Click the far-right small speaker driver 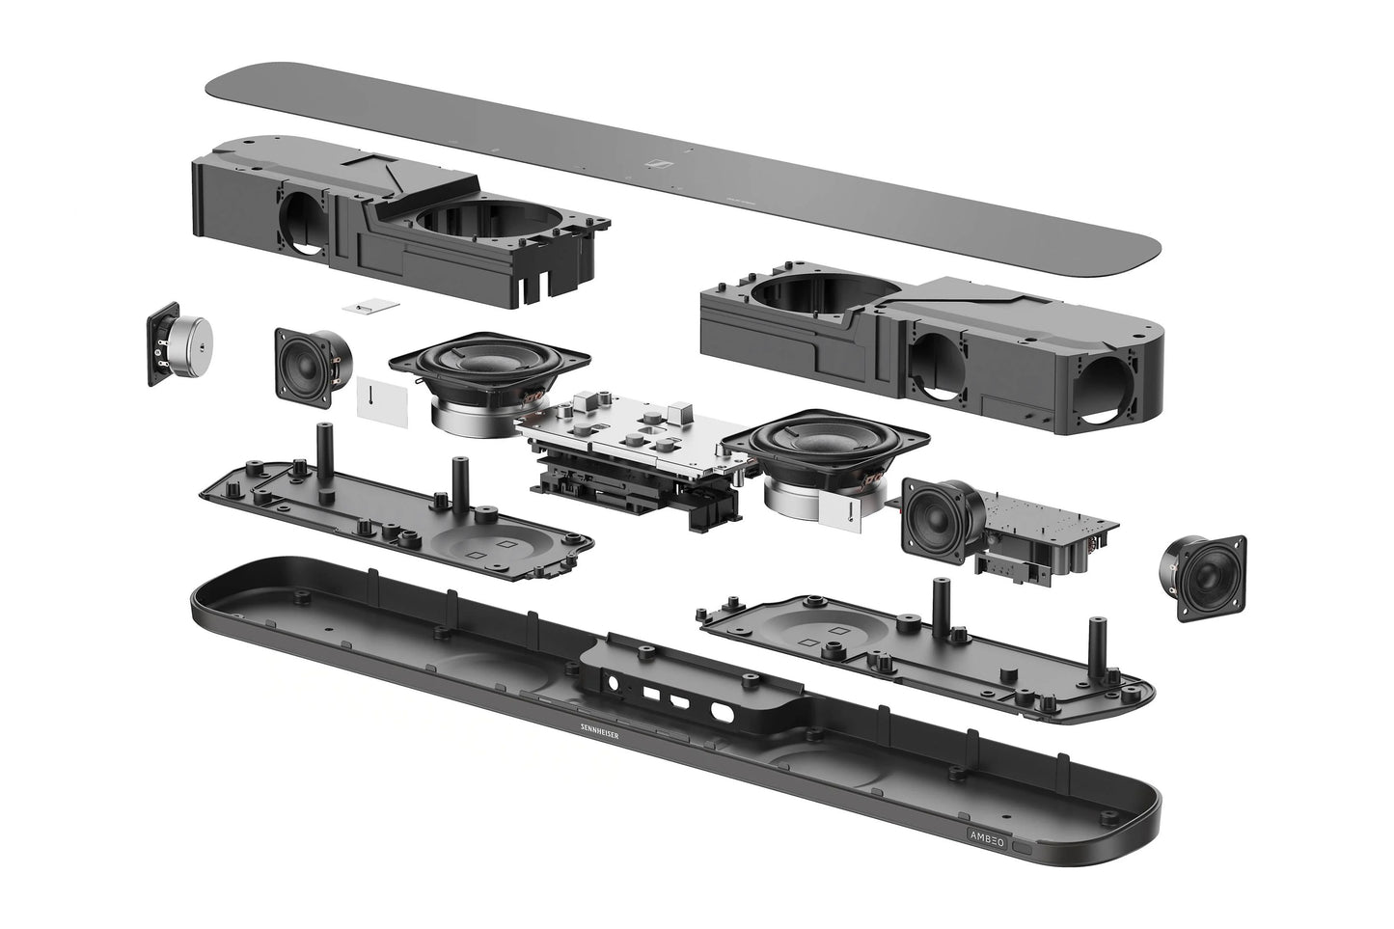(1203, 578)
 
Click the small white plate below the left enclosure (371, 306)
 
